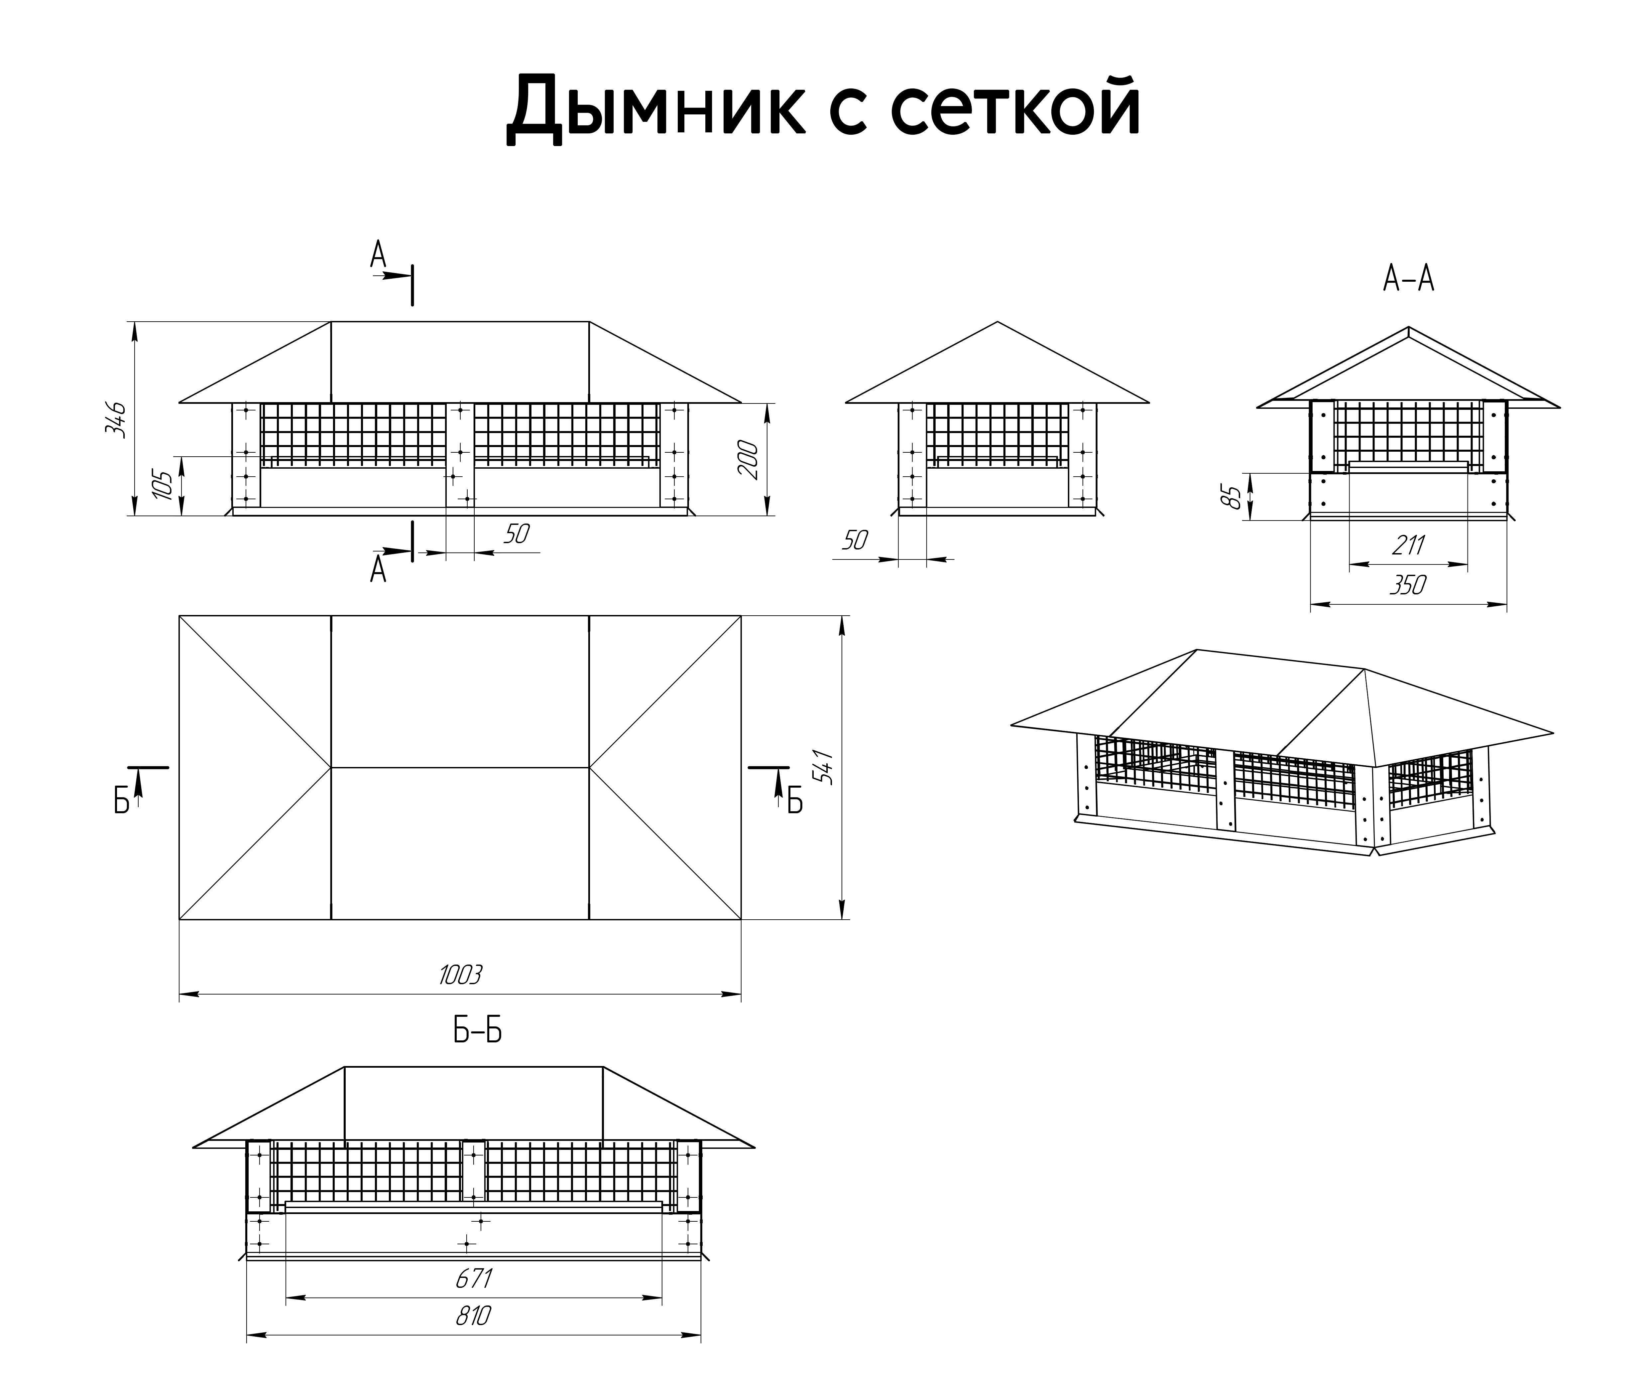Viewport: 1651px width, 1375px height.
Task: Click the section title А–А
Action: tap(1409, 279)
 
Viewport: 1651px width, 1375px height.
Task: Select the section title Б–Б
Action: tap(477, 1031)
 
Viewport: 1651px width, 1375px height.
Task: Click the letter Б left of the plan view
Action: tap(121, 802)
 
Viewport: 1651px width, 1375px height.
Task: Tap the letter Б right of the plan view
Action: tap(795, 802)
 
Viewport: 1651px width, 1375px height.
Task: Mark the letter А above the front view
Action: tap(378, 254)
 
